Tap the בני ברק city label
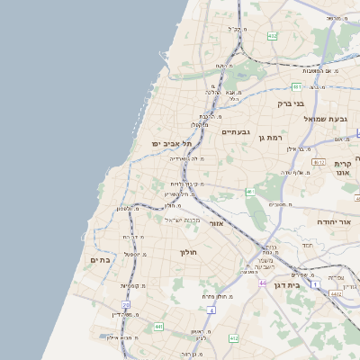[291, 103]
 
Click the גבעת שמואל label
[325, 118]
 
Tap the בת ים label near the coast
[98, 260]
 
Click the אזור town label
[216, 222]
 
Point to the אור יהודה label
[338, 220]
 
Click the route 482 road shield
[272, 36]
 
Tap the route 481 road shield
[296, 87]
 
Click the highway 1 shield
[315, 284]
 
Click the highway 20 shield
[126, 306]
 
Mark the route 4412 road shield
[336, 293]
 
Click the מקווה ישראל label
[185, 219]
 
